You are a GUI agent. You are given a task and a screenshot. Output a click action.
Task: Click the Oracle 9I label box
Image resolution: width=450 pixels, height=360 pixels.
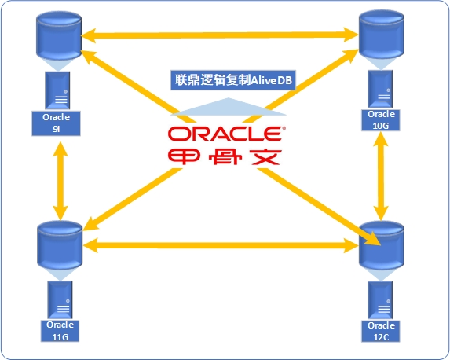56,123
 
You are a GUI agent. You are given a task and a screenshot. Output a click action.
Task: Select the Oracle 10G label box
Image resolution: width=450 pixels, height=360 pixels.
381,120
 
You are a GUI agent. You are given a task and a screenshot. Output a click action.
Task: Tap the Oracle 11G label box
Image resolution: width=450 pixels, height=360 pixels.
60,331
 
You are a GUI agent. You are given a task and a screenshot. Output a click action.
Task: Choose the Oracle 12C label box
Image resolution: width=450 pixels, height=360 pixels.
381,331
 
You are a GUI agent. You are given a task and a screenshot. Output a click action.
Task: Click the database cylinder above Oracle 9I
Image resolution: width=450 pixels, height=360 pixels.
59,35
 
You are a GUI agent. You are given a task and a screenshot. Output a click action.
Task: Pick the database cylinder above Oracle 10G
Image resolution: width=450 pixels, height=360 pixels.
382,35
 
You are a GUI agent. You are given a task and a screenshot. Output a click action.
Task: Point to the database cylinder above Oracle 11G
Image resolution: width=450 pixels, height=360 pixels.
60,246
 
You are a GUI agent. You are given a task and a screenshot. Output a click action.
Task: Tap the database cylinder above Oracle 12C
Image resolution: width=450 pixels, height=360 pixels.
382,246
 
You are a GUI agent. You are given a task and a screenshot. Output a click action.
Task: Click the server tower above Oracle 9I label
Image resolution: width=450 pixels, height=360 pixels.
57,90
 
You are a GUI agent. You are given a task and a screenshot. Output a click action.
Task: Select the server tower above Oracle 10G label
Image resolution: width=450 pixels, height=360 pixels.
380,89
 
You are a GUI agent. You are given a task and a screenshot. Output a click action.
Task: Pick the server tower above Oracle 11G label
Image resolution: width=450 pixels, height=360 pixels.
60,300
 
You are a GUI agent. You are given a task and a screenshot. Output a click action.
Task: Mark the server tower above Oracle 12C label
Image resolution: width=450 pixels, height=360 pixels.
380,300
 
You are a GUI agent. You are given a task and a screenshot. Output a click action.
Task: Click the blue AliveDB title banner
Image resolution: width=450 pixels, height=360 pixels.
233,80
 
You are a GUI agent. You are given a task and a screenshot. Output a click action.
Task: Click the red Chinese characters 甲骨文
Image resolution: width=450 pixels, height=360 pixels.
225,157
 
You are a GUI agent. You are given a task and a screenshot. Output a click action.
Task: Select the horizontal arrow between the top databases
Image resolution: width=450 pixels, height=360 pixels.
220,35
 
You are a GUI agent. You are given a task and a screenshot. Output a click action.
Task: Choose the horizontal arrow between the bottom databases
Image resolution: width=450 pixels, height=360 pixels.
221,246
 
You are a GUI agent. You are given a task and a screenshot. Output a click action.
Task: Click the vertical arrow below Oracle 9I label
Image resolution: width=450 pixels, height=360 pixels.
60,181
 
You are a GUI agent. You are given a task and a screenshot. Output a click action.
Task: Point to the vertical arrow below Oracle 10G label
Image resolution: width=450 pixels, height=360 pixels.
381,176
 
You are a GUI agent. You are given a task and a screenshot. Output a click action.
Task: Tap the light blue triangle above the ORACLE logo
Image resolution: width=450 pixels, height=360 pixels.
229,108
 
